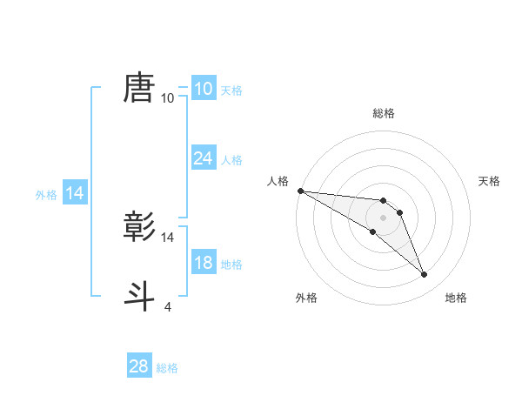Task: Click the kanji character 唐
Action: point(139,88)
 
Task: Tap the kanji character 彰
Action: point(139,226)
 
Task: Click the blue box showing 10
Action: point(203,89)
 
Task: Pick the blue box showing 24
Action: point(203,158)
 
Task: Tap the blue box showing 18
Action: point(203,263)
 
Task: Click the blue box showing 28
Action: point(139,366)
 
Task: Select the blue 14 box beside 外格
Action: point(75,193)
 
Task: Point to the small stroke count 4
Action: point(168,306)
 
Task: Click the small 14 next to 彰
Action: point(168,237)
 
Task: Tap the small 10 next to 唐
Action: point(168,98)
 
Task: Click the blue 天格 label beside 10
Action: point(231,91)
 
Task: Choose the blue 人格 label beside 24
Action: point(231,160)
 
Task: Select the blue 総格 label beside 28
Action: point(167,368)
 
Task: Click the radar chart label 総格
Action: point(384,113)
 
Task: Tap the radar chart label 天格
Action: point(489,181)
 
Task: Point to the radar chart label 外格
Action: point(306,298)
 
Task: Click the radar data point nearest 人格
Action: point(299,191)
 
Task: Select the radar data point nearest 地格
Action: point(424,275)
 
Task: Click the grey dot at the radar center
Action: point(383,218)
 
